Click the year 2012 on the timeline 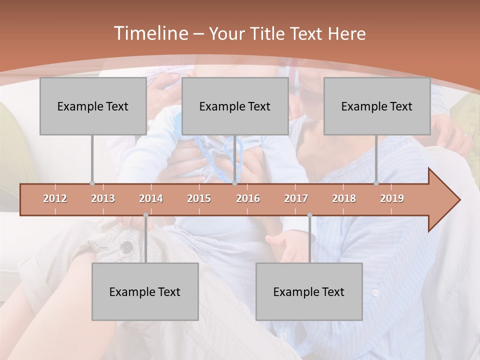tap(55, 198)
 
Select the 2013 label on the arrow tap(103, 198)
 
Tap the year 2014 tap(151, 198)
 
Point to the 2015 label tap(199, 198)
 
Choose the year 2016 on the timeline tap(248, 198)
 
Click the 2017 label tap(296, 198)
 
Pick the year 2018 tap(344, 198)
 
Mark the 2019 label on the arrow tap(392, 198)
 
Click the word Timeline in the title tap(149, 33)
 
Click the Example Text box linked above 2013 tap(93, 106)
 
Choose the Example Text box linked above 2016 tap(235, 106)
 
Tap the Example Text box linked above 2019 tap(377, 106)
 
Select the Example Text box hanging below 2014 tap(145, 291)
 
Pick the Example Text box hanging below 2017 tap(309, 291)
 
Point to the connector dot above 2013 tap(92, 183)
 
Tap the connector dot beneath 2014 tap(145, 215)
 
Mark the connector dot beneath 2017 tap(309, 215)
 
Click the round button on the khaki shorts tap(127, 246)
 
